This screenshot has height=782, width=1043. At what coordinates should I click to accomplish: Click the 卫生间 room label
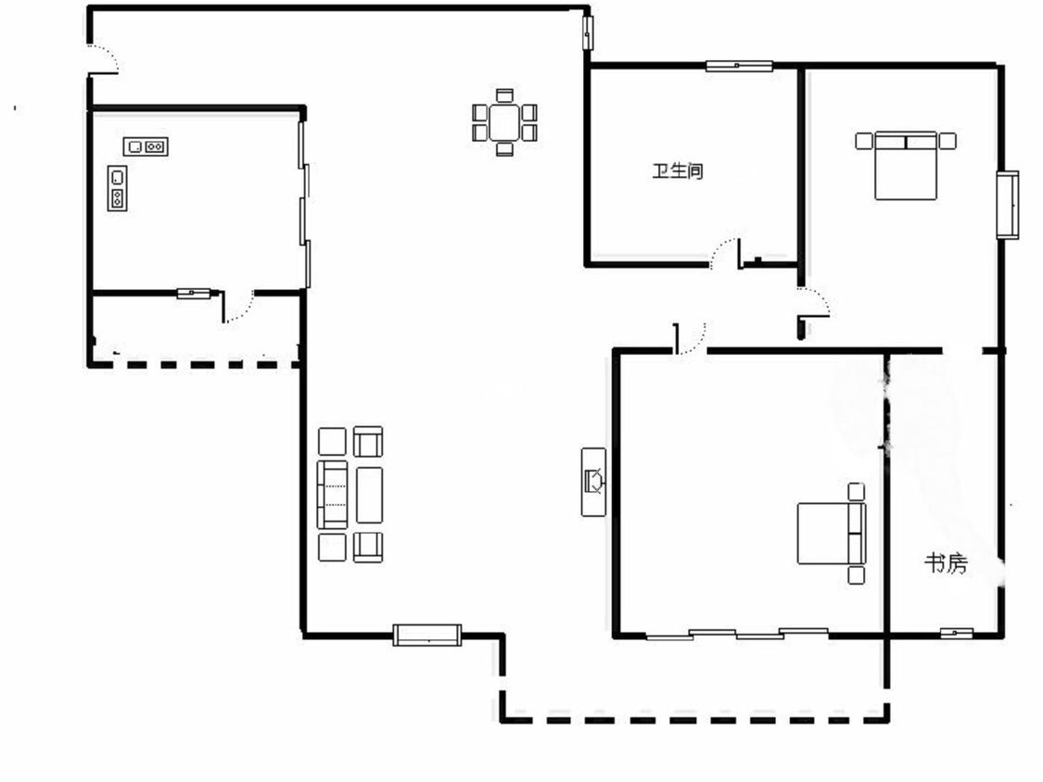tap(677, 170)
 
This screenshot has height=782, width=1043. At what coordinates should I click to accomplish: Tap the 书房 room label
tap(946, 564)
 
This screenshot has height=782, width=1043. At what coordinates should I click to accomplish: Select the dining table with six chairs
tap(505, 122)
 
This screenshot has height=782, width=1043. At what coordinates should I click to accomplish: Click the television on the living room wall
tap(594, 482)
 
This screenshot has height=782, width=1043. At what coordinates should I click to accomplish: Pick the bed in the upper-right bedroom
tap(905, 166)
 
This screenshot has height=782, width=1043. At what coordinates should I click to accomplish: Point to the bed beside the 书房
tap(832, 534)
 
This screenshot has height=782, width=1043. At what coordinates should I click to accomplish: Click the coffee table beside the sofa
tap(369, 495)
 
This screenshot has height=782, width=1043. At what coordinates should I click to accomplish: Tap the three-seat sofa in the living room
tap(333, 495)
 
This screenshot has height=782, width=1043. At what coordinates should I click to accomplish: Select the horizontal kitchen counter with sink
tap(146, 146)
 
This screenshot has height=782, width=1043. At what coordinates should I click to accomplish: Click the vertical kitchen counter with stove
tap(117, 188)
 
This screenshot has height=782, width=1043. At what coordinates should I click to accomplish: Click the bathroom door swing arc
tap(725, 254)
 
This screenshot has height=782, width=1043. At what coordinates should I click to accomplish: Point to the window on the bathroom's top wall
tap(739, 66)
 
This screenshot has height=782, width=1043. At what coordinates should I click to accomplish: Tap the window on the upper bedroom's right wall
tap(1007, 205)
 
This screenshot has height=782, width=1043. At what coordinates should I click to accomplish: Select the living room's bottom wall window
tap(427, 635)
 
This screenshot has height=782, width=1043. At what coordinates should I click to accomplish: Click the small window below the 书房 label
tap(957, 633)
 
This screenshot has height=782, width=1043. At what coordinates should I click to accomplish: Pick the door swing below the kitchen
tap(238, 307)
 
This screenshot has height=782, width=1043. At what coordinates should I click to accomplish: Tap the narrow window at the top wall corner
tap(588, 32)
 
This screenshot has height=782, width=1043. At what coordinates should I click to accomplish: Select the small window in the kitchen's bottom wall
tap(194, 293)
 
